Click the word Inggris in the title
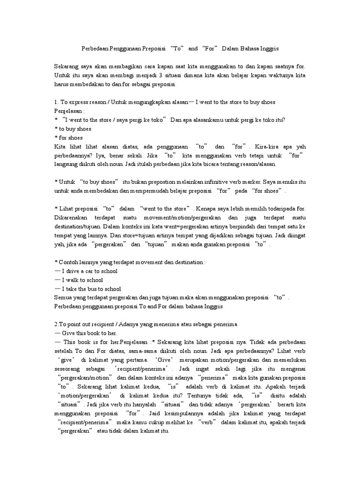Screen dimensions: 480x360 click(269, 49)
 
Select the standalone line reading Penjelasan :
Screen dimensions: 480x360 click(69, 111)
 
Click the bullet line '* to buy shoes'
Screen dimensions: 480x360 click(73, 129)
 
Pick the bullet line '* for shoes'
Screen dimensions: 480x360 click(69, 137)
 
